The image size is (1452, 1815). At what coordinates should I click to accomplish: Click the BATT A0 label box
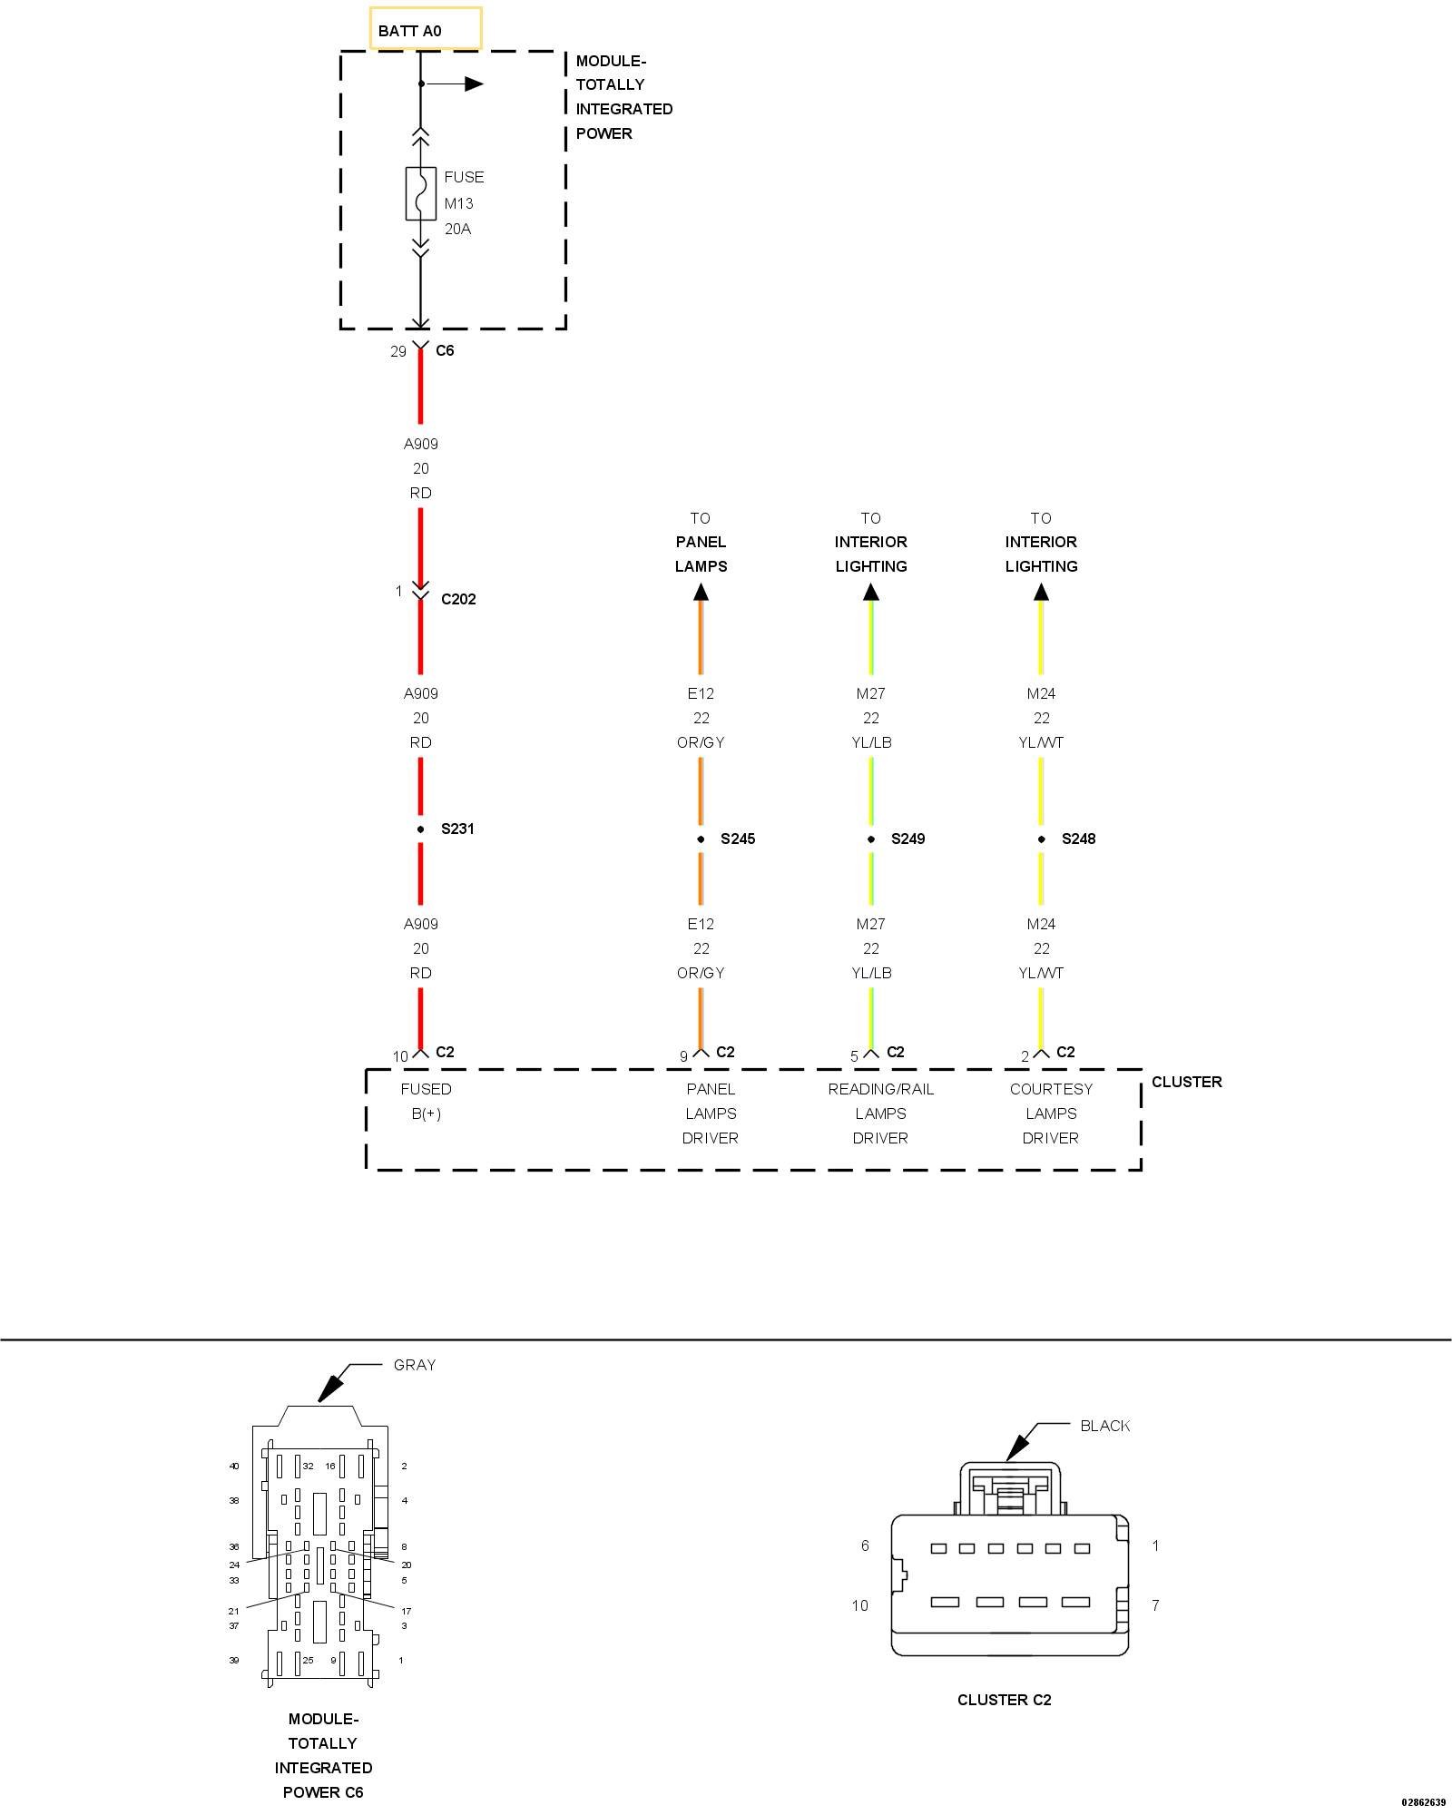click(426, 29)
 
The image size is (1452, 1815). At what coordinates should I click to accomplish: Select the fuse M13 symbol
click(420, 193)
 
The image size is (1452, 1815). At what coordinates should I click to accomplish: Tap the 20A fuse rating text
click(457, 229)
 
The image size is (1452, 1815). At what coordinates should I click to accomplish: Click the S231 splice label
click(457, 829)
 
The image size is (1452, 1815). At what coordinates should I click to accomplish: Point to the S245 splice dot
click(701, 839)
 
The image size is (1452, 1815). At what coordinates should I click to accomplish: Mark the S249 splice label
click(907, 839)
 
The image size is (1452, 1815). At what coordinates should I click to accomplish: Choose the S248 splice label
click(1078, 839)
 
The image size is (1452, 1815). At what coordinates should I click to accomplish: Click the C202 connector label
click(458, 599)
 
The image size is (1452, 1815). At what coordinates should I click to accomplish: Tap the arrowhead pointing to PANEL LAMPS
click(701, 593)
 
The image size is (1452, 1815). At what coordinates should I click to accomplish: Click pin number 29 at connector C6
click(398, 351)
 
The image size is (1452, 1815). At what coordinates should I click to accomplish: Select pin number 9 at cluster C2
click(683, 1056)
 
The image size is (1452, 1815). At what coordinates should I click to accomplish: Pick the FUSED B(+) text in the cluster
click(426, 1101)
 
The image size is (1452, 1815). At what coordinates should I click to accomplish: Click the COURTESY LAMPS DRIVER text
click(1051, 1113)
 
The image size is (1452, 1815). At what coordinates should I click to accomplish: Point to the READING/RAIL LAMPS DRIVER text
click(880, 1113)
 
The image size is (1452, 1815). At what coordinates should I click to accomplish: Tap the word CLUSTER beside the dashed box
click(1186, 1082)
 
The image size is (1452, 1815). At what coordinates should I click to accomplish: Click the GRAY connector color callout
click(415, 1365)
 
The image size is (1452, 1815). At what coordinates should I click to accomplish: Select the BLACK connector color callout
click(1104, 1426)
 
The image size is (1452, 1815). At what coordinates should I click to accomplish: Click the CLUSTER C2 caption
click(1004, 1700)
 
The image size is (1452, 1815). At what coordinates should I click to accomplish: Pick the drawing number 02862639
click(1423, 1802)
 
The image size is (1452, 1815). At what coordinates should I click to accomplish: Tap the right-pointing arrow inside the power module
click(472, 84)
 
